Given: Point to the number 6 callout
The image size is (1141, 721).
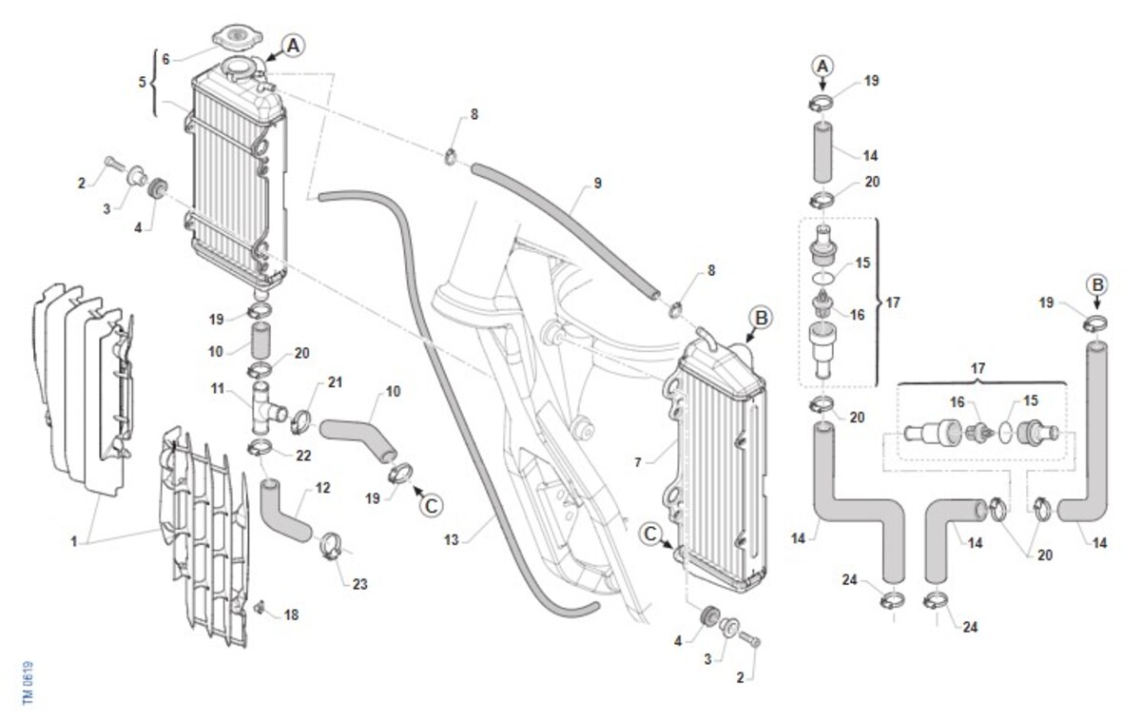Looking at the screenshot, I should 165,59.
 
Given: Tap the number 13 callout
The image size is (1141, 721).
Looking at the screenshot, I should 452,540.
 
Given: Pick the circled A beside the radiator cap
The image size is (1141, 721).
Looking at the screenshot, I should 293,45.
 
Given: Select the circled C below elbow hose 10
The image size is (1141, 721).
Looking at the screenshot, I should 431,505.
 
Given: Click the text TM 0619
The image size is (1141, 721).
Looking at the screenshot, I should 29,683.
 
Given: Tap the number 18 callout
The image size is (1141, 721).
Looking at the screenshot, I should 291,615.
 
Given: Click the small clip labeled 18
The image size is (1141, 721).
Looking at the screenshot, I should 258,606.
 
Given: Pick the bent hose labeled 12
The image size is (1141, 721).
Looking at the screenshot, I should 284,511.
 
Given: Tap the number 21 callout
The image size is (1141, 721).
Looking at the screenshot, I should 334,383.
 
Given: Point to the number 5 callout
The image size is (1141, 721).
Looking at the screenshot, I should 143,82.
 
